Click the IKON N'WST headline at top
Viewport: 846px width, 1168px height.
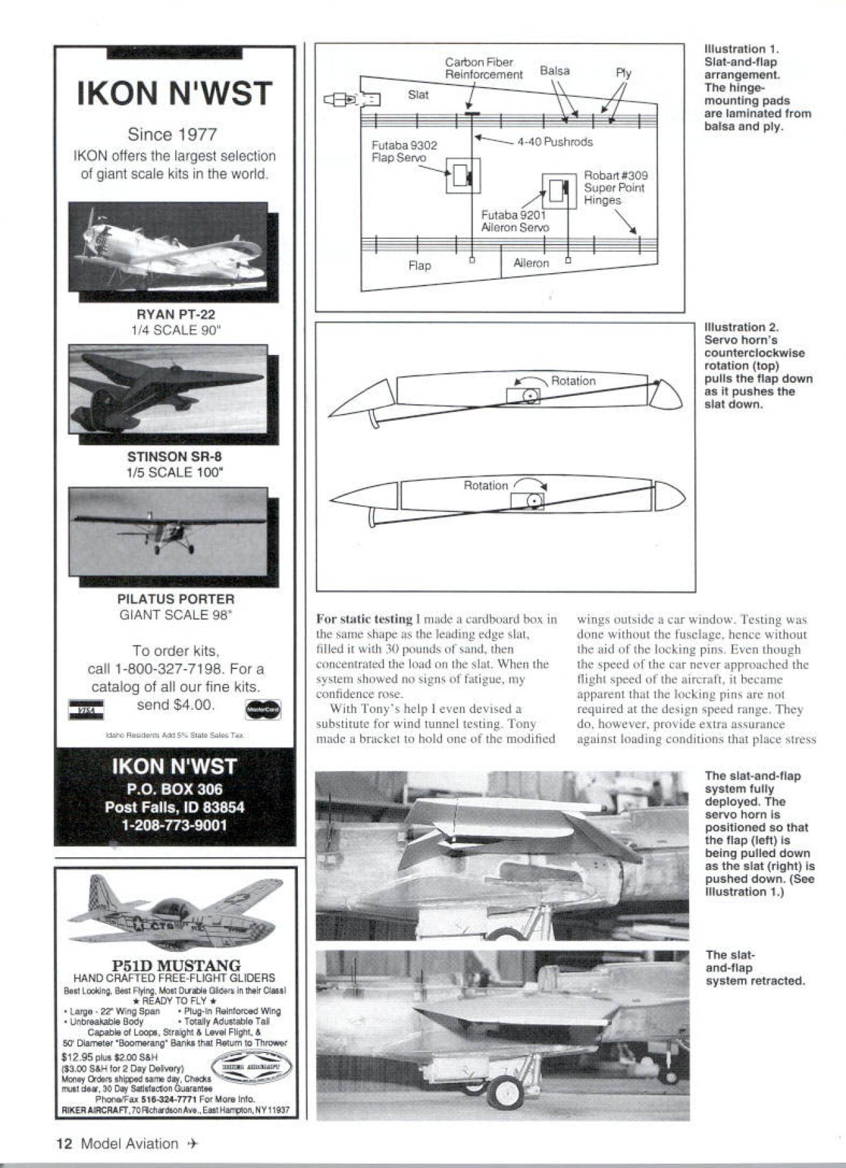point(174,93)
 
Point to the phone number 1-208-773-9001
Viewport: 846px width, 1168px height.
point(174,825)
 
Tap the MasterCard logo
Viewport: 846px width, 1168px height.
point(263,710)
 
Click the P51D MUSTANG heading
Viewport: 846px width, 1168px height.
point(175,966)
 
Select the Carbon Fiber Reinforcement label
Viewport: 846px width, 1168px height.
point(483,68)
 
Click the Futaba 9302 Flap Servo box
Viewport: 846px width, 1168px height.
point(463,175)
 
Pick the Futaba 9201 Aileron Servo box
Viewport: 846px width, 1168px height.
point(559,191)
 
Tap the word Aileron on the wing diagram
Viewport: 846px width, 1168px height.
point(531,263)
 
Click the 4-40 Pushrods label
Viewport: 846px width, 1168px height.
point(555,141)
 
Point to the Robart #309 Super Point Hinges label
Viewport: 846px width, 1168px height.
point(615,188)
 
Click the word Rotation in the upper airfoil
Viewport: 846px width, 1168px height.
point(573,381)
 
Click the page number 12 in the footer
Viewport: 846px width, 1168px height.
point(66,1143)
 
